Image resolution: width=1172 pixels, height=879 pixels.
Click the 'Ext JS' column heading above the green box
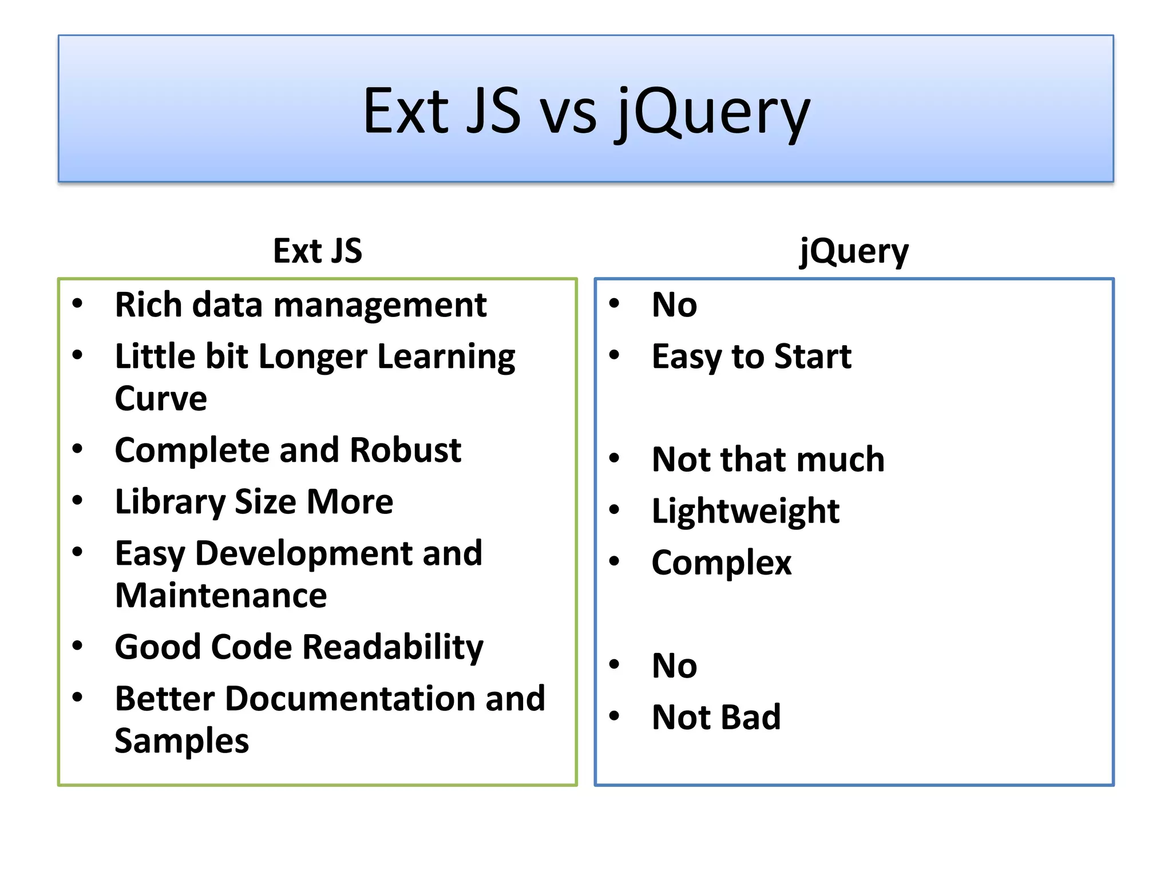point(318,251)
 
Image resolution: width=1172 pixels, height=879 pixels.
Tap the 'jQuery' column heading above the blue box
point(854,251)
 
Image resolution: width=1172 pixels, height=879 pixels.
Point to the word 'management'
point(380,306)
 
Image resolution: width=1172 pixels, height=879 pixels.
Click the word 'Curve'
point(161,398)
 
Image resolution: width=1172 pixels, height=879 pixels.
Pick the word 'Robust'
point(405,450)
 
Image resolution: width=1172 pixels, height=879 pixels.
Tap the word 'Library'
point(170,503)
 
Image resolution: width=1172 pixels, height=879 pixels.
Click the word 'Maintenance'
point(221,596)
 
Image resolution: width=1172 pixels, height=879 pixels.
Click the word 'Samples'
point(181,742)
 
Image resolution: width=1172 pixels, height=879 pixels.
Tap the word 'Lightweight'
point(746,512)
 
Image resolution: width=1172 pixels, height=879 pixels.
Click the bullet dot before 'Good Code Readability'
point(78,646)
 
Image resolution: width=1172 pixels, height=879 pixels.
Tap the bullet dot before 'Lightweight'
point(615,509)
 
